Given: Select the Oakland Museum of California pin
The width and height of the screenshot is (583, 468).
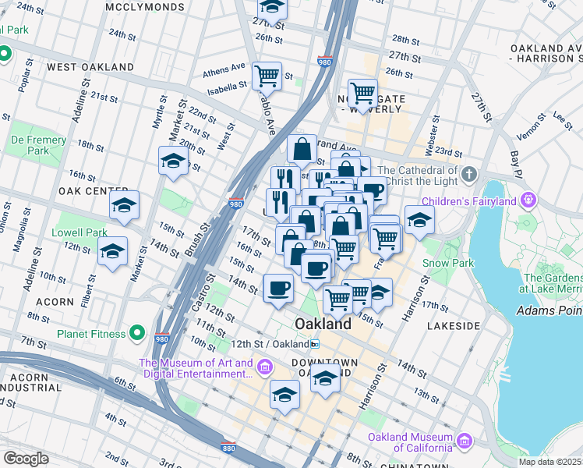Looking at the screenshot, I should (466, 441).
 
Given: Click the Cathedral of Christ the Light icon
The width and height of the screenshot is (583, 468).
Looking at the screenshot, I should (468, 173).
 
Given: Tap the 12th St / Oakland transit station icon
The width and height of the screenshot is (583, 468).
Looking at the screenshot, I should (314, 344).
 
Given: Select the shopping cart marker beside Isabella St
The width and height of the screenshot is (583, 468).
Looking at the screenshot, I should (267, 76).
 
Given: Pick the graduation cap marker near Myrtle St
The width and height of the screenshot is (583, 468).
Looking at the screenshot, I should (173, 161).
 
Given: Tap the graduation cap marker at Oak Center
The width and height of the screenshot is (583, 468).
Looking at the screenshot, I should (124, 206).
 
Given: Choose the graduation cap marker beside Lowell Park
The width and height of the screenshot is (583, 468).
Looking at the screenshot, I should (113, 252).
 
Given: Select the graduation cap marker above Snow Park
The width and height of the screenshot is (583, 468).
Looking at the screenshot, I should (419, 220).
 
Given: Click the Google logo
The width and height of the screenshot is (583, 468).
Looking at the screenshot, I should (25, 459).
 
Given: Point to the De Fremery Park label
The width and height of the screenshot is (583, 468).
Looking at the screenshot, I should (30, 144).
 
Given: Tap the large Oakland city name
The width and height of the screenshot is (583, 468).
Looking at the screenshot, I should (323, 323).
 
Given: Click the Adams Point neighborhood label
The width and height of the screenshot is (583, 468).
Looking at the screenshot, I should (549, 310).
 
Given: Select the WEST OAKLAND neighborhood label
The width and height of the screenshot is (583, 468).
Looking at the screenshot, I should (90, 67).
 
